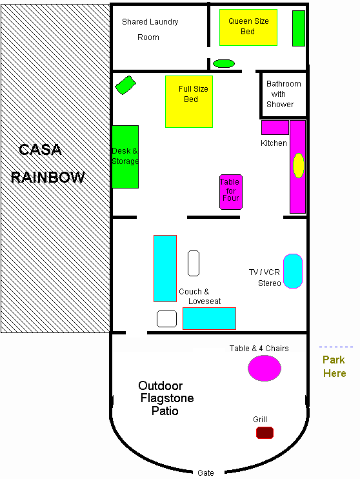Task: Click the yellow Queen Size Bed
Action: pos(248,28)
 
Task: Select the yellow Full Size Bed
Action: pos(189,101)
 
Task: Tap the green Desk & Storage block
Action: pos(125,157)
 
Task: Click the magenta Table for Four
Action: pos(231,192)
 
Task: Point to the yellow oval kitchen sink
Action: pos(299,165)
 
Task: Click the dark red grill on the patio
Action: pos(265,433)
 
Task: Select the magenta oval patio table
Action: pos(265,369)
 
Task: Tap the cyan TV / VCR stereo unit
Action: pos(293,271)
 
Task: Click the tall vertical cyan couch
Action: pos(165,269)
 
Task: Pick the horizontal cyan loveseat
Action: pos(209,318)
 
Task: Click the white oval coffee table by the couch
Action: pos(194,263)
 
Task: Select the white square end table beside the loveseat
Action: pos(166,319)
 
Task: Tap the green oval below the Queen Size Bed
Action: pos(224,63)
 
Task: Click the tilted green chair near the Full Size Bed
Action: pos(126,85)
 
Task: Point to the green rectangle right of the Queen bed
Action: pos(299,28)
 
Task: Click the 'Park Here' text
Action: pos(334,366)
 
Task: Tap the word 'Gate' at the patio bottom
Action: pos(206,473)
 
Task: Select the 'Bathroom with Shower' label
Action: pos(283,94)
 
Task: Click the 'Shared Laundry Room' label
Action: pos(150,29)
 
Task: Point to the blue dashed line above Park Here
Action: pos(336,347)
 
